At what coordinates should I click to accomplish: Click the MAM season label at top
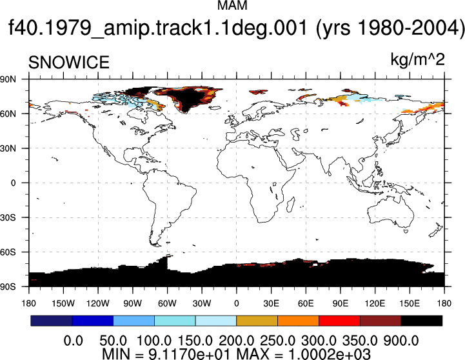click(232, 5)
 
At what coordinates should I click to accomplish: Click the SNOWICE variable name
click(69, 63)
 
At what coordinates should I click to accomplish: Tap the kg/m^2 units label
click(417, 59)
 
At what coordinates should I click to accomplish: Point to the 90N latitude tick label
click(8, 79)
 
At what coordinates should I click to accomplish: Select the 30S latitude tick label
click(8, 217)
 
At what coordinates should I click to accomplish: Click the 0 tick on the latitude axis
click(13, 183)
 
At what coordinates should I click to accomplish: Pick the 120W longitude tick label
click(98, 303)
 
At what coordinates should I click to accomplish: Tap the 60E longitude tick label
click(306, 303)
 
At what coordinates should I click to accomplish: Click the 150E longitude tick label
click(410, 303)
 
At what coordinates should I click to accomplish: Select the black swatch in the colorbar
click(421, 321)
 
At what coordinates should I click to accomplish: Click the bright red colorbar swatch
click(339, 321)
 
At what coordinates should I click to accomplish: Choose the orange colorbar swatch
click(298, 321)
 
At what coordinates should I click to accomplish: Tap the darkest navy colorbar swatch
click(52, 321)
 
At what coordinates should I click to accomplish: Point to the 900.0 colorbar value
click(401, 341)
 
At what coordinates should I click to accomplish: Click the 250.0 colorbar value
click(277, 341)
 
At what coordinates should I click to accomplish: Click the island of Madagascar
click(291, 204)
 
